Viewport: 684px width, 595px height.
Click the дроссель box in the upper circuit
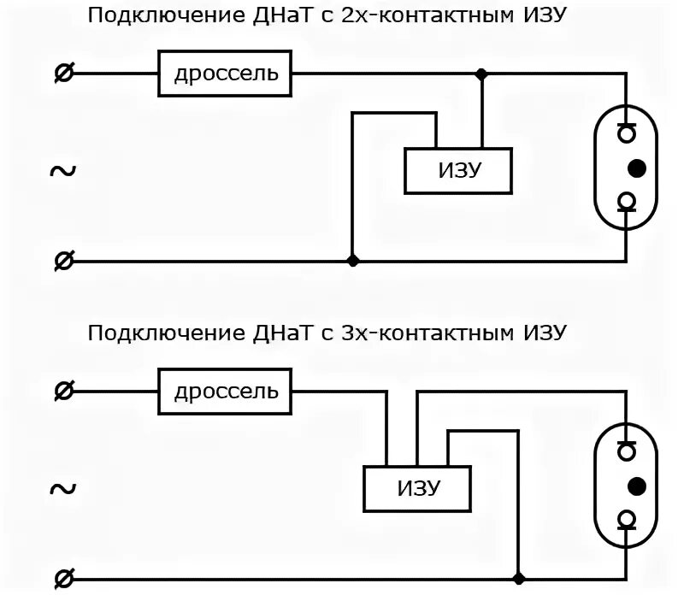226,74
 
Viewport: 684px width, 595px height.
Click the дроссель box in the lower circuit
226,392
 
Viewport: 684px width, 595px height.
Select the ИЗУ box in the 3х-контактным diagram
418,489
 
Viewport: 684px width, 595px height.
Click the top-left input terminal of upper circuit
62,74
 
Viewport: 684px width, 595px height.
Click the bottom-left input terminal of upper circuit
62,261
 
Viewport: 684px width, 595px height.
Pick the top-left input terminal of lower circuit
62,392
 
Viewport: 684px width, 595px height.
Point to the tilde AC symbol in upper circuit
62,171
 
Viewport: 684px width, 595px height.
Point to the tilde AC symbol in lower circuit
62,489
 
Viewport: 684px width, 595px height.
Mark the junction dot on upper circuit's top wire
482,74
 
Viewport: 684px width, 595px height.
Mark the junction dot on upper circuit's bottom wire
351,261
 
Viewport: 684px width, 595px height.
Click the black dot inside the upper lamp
636,167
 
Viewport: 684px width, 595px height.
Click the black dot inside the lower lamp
636,486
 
